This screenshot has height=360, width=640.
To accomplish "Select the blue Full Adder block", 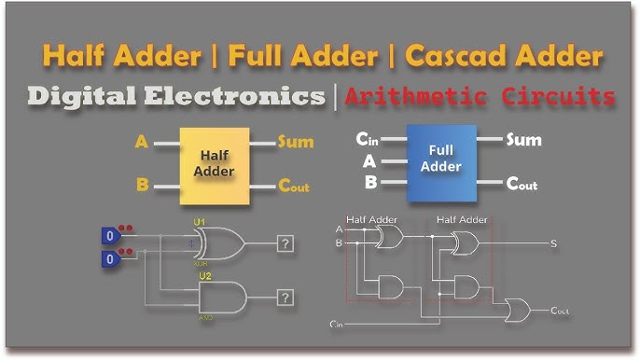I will point(441,159).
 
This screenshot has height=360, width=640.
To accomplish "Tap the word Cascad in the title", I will point(455,57).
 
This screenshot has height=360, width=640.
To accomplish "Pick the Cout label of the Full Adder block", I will point(522,183).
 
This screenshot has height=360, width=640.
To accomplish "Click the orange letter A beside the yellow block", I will point(142,143).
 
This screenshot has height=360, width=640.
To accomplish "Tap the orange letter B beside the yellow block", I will point(142,185).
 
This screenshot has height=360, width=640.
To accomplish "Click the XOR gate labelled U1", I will point(218,244).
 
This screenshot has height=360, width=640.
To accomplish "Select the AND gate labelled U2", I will point(222,298).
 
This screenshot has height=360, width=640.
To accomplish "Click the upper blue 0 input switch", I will point(110,236).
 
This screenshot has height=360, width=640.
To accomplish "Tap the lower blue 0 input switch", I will point(110,258).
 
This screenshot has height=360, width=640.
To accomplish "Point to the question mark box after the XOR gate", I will point(285,243).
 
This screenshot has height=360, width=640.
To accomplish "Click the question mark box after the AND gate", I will point(285,298).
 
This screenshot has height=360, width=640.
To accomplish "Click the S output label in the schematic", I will point(553,243).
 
